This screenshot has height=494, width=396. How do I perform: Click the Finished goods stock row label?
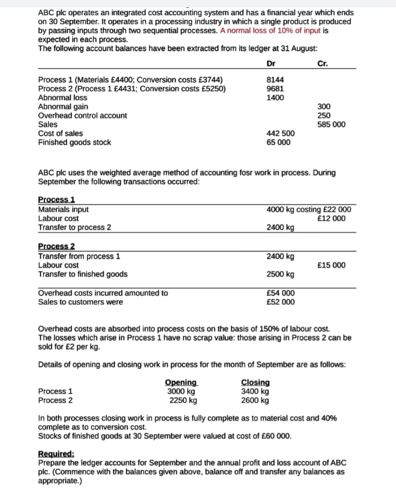74,142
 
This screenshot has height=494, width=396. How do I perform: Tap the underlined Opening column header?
181,383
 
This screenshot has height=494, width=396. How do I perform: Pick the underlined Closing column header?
255,383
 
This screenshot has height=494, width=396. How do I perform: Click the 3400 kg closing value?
255,391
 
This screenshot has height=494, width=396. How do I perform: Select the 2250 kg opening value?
183,400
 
